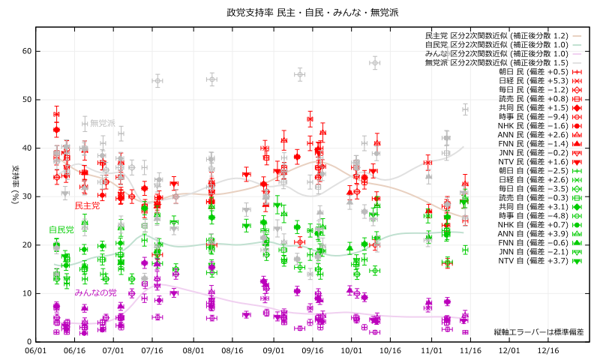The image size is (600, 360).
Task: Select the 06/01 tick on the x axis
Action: tap(35, 350)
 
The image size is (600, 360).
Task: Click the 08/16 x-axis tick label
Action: tap(232, 350)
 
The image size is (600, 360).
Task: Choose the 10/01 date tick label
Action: tap(351, 350)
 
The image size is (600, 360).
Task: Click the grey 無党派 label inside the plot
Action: tap(103, 123)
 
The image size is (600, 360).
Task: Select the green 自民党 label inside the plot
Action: tap(61, 229)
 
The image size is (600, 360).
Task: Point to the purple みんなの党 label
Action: tap(95, 291)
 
